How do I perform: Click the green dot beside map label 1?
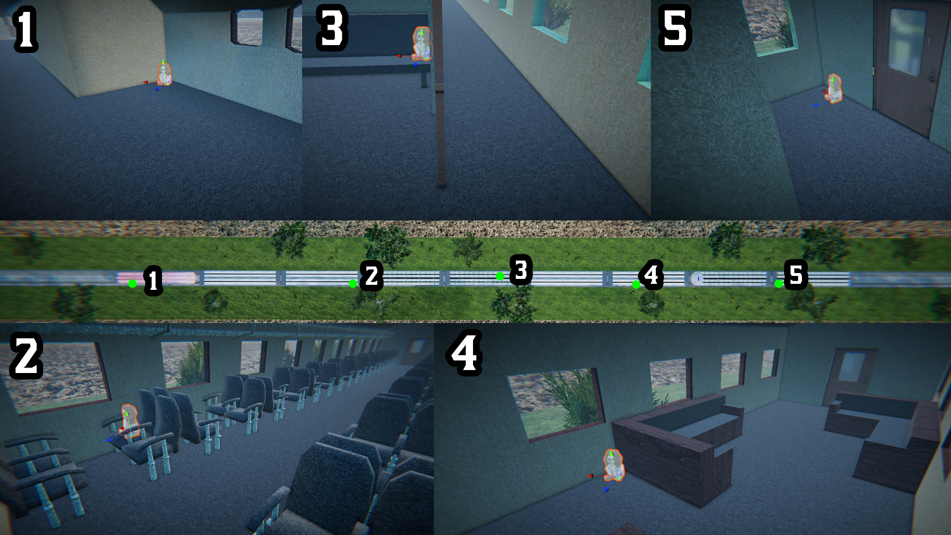tap(132, 283)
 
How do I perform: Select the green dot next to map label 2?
tap(353, 284)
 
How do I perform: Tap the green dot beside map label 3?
tap(500, 276)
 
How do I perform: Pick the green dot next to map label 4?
tap(636, 284)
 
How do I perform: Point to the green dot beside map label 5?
tap(779, 284)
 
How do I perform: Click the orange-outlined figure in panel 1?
tap(164, 74)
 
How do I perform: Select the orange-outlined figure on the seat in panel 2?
tap(129, 422)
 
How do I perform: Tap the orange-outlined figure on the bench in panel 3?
tap(422, 44)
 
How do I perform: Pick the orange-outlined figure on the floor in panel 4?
tap(614, 465)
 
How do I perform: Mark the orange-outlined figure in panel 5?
tap(834, 89)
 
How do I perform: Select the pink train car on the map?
tap(157, 278)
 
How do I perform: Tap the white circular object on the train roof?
tap(697, 279)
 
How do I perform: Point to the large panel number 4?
tap(465, 353)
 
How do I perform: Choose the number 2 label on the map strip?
tap(371, 276)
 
